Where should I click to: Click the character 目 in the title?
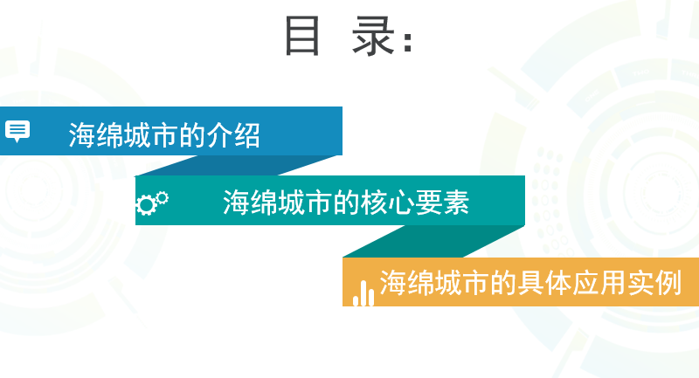click(302, 36)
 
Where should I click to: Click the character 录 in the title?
click(374, 36)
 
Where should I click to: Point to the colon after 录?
click(407, 41)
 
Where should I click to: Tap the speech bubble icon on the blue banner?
click(17, 131)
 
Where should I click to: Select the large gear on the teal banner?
click(145, 205)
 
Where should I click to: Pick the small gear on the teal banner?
click(163, 197)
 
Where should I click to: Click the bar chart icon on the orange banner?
click(363, 293)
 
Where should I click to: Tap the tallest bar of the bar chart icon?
click(363, 293)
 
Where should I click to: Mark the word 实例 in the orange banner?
click(654, 283)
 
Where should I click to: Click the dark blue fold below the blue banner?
click(236, 166)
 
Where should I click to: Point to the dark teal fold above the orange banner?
click(433, 241)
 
